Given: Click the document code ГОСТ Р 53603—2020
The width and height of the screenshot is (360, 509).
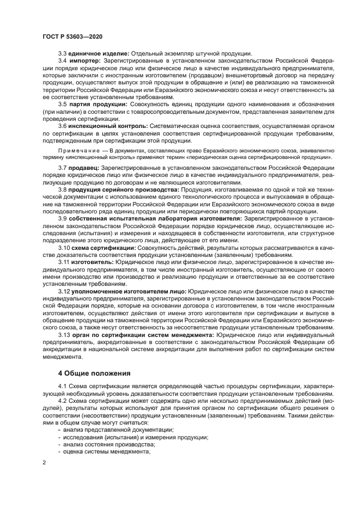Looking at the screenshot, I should pyautogui.click(x=72, y=36).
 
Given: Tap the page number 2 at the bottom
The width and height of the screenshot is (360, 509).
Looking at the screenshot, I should pyautogui.click(x=45, y=463).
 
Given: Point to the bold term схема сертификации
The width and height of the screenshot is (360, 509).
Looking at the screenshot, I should pyautogui.click(x=105, y=247).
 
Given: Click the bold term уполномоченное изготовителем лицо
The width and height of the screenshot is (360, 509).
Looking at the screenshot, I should pyautogui.click(x=128, y=291).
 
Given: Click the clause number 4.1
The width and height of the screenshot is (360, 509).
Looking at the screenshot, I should pyautogui.click(x=62, y=387).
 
